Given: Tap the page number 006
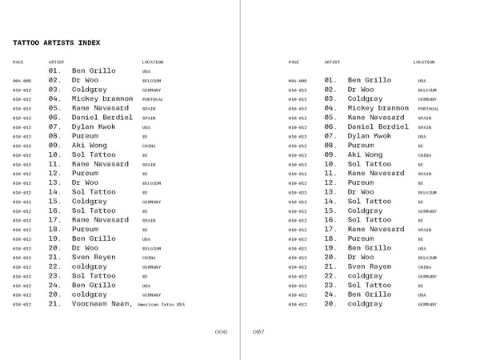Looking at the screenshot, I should coord(221,331).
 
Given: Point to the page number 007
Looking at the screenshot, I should coord(258,331).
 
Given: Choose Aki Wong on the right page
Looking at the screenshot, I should coord(366,154).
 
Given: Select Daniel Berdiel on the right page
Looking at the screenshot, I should coord(378,126).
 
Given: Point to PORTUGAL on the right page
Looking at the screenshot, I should coord(428,109).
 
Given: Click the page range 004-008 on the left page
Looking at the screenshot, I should coord(22,81).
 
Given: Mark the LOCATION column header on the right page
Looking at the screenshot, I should coord(424,62).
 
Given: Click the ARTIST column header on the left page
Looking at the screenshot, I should coord(56,62).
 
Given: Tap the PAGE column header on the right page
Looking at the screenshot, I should coord(294,62).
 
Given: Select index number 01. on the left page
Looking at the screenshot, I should coord(54,71).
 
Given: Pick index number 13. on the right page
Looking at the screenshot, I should coord(330,192).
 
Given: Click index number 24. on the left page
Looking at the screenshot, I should coord(54,285).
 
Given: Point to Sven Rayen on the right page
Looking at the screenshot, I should coord(370,266).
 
